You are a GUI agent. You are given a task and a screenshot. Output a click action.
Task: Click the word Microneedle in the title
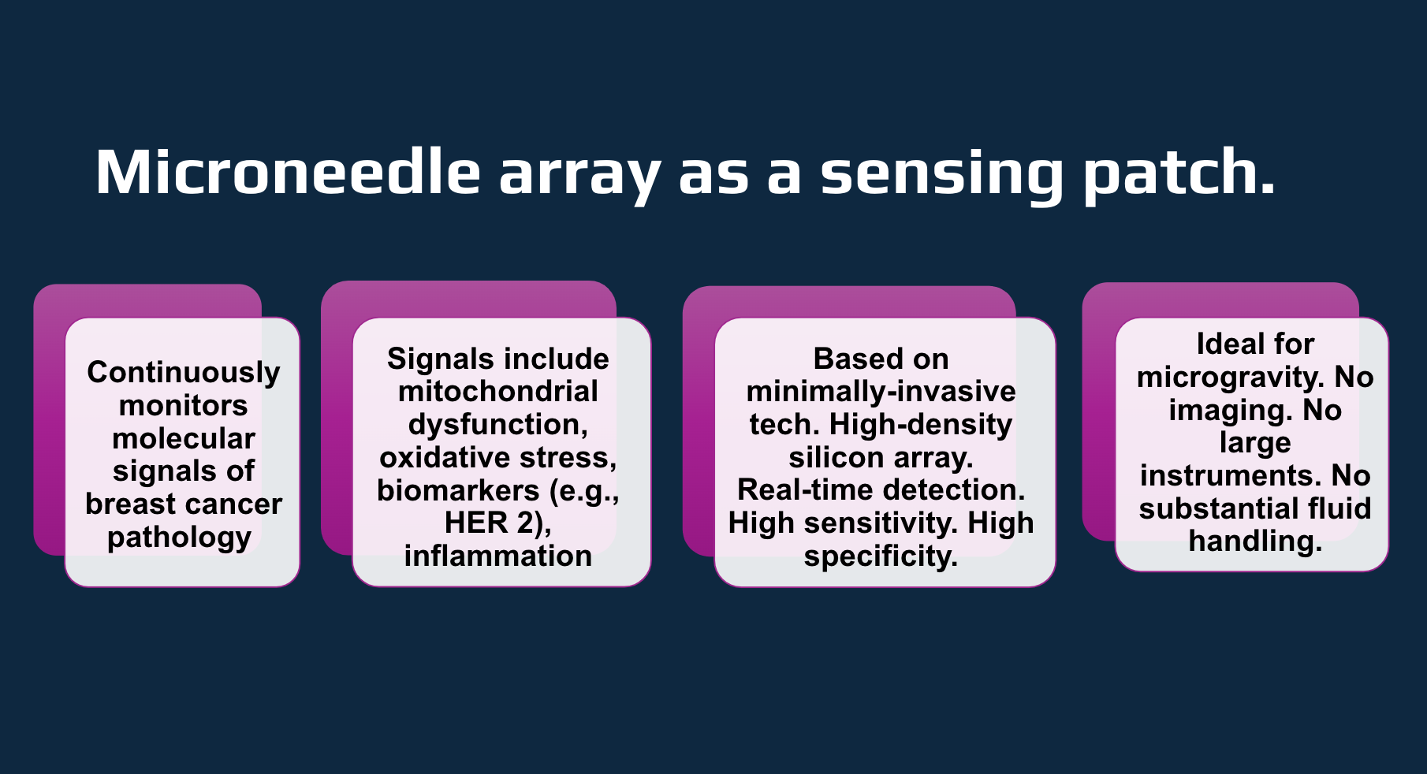(288, 172)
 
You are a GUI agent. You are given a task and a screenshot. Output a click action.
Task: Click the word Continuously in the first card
(184, 372)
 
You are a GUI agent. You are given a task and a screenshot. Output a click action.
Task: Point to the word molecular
(184, 438)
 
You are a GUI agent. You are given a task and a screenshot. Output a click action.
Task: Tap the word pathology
(180, 538)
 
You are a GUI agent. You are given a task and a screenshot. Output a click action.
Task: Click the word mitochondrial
(498, 392)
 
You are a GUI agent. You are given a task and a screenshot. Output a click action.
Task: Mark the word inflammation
(498, 556)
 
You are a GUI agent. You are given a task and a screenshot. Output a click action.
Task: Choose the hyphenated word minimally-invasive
(881, 392)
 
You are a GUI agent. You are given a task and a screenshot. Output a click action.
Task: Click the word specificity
(880, 556)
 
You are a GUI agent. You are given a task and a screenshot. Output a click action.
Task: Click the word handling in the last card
(1255, 541)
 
